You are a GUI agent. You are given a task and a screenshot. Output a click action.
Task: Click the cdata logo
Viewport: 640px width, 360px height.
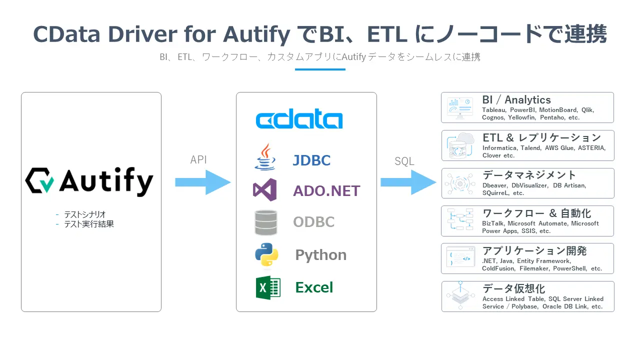[x=299, y=120]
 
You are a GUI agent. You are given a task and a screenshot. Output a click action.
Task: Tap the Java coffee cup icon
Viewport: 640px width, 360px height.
[x=265, y=157]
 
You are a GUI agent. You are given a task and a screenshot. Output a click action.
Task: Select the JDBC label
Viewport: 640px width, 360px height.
[x=311, y=160]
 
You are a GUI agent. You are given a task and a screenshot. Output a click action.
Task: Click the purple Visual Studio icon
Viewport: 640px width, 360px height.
[x=265, y=190]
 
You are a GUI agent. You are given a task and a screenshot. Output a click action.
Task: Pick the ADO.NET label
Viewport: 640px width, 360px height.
[x=326, y=190]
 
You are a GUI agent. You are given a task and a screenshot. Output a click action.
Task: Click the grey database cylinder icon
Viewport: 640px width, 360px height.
[x=265, y=222]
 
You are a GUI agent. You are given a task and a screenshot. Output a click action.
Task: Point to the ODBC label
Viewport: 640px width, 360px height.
[x=313, y=222]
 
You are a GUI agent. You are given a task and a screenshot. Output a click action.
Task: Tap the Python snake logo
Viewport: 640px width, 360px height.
[x=266, y=254]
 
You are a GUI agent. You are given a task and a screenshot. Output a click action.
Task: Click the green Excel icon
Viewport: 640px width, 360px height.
[x=267, y=287]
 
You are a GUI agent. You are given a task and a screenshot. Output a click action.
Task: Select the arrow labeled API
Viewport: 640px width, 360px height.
[x=202, y=182]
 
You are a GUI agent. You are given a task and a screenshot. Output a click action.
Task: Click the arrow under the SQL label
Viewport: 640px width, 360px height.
[x=408, y=182]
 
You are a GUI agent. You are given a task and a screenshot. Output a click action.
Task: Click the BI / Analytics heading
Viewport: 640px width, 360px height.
[x=516, y=100]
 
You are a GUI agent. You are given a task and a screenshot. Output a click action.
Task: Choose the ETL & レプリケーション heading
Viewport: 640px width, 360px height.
[x=541, y=137]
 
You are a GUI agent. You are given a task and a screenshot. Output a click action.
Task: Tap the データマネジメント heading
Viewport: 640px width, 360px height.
[x=529, y=175]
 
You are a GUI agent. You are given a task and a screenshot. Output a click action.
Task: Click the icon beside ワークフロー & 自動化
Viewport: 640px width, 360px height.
[x=460, y=220]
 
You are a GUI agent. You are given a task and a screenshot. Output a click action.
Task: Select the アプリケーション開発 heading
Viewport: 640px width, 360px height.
[x=534, y=250]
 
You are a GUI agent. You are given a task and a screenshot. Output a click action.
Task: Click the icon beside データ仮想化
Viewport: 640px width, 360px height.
[x=460, y=296]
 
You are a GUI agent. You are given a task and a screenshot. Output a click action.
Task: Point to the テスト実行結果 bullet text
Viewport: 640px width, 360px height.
[x=88, y=224]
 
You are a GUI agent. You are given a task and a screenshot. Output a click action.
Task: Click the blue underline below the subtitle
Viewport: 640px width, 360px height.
[x=320, y=69]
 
